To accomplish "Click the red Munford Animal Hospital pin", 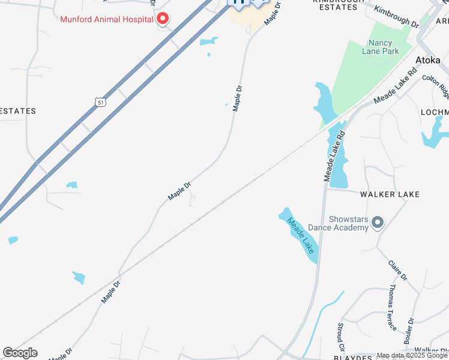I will pyautogui.click(x=162, y=19).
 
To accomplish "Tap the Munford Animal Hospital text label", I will pyautogui.click(x=107, y=19).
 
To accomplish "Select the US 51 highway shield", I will pyautogui.click(x=100, y=102).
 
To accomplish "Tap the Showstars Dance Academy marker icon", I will pyautogui.click(x=378, y=223).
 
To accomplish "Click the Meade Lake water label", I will pyautogui.click(x=301, y=235).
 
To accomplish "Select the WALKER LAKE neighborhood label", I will pyautogui.click(x=390, y=194).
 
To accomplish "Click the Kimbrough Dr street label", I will pyautogui.click(x=396, y=16).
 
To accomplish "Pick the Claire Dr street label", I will pyautogui.click(x=397, y=269).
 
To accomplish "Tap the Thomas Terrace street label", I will pyautogui.click(x=391, y=308).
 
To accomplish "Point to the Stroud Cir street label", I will pyautogui.click(x=341, y=338).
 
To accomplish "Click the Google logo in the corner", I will pyautogui.click(x=20, y=353).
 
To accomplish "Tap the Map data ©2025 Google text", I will pyautogui.click(x=412, y=356).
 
